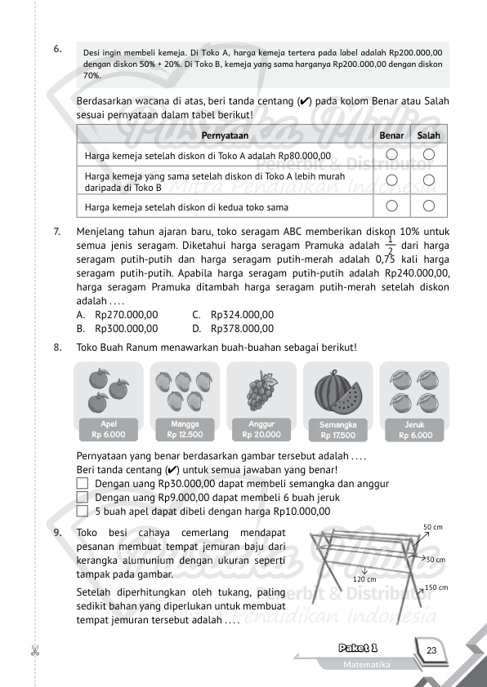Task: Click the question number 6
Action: click(x=56, y=49)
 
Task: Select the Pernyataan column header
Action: click(x=225, y=135)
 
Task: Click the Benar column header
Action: click(x=391, y=135)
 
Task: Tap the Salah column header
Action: click(x=428, y=135)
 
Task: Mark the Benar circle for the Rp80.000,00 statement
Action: click(x=391, y=154)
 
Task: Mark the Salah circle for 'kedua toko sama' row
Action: click(x=428, y=206)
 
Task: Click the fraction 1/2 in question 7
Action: click(x=390, y=246)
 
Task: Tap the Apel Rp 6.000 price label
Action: click(x=108, y=430)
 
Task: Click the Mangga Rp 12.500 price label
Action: click(x=185, y=430)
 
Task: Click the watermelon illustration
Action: click(x=338, y=391)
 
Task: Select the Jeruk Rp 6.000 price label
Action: click(x=415, y=430)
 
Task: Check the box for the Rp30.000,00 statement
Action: click(x=82, y=484)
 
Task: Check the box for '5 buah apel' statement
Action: click(x=82, y=512)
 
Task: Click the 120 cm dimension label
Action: click(x=364, y=579)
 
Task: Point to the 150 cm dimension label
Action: click(x=436, y=587)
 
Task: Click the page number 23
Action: click(x=431, y=650)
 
